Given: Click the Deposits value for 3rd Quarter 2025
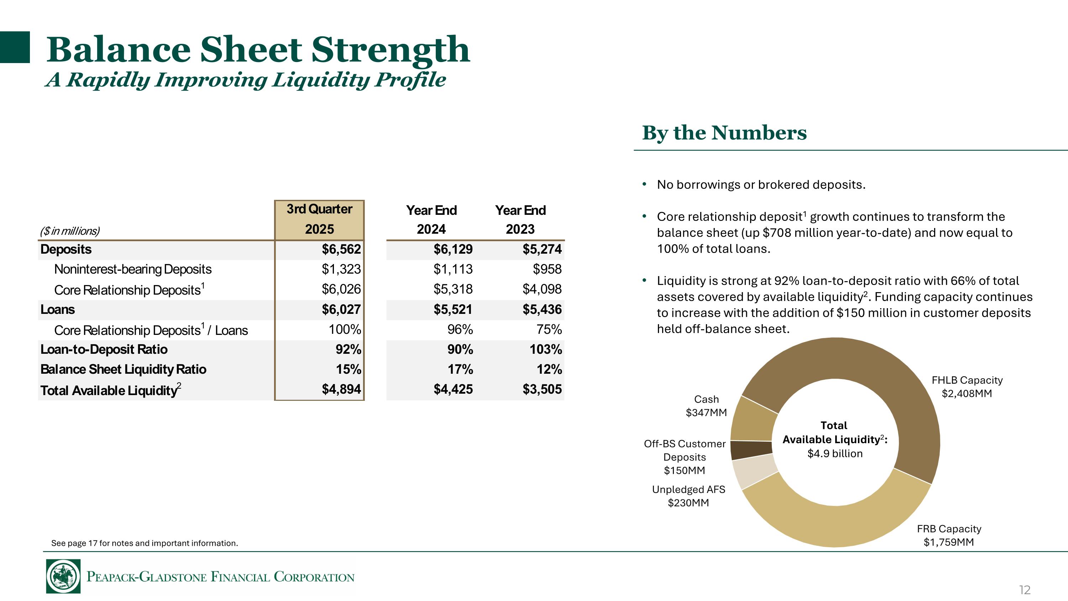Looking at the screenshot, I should tap(341, 249).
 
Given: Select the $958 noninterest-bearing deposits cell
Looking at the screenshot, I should tap(547, 269).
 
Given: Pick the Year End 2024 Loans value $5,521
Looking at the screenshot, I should tap(453, 310).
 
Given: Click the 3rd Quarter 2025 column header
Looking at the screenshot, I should tap(319, 219).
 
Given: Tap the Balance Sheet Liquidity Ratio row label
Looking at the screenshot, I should tap(123, 369).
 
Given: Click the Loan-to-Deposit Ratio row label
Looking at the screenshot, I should tap(104, 349).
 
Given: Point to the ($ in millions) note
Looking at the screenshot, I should tap(70, 231).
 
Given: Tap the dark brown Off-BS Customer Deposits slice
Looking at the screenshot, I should tap(750, 450).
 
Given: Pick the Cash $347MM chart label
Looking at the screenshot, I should tap(706, 406).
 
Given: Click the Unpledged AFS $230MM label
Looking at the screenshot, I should tap(688, 496).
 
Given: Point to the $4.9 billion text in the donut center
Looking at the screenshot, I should tap(834, 454).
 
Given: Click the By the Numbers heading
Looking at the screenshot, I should tap(724, 133).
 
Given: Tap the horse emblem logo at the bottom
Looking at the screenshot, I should tap(63, 576).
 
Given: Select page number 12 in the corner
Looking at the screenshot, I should tap(1024, 589).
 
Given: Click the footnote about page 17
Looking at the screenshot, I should tap(144, 543).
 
